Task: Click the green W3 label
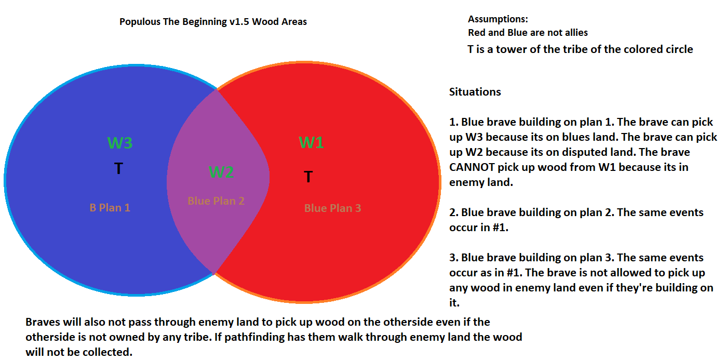[x=119, y=143]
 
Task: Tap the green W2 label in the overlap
[x=221, y=172]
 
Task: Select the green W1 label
[x=311, y=143]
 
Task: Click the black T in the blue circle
[x=118, y=168]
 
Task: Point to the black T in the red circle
[x=308, y=177]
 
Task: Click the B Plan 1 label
[x=110, y=208]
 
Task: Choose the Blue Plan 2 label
[x=216, y=201]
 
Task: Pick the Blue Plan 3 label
[x=332, y=208]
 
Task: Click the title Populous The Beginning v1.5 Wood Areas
[x=213, y=22]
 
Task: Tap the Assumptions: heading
[x=498, y=19]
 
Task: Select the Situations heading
[x=475, y=92]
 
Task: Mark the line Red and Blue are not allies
[x=528, y=33]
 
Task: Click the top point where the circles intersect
[x=217, y=90]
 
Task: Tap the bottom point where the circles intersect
[x=214, y=272]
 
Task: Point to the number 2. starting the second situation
[x=454, y=212]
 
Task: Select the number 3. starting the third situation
[x=454, y=258]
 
